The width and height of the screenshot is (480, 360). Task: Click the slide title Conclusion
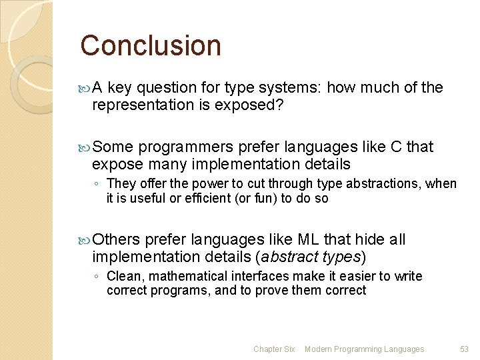tap(151, 45)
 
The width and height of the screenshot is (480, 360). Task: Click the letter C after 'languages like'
tap(395, 147)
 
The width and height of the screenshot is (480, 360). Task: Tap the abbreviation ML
tap(307, 240)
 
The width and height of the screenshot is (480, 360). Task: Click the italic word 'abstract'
tap(283, 257)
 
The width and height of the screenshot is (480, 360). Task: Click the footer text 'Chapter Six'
tap(274, 349)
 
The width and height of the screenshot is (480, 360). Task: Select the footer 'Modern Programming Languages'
tap(364, 349)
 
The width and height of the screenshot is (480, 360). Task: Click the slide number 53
tap(464, 349)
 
